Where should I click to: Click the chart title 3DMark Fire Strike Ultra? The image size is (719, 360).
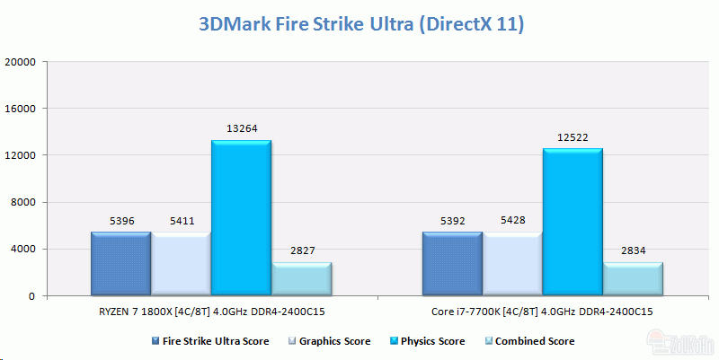point(359,23)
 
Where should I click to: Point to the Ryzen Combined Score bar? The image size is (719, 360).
point(301,278)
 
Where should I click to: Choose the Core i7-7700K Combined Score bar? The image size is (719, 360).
point(633,278)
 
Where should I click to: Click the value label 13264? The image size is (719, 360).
point(241,128)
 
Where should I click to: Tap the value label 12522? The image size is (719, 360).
point(572,137)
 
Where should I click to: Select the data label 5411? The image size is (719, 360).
point(181,219)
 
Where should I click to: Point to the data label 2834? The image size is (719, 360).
point(633,250)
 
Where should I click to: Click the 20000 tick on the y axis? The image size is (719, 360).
point(20,62)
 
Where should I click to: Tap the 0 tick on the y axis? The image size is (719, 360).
point(31,295)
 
